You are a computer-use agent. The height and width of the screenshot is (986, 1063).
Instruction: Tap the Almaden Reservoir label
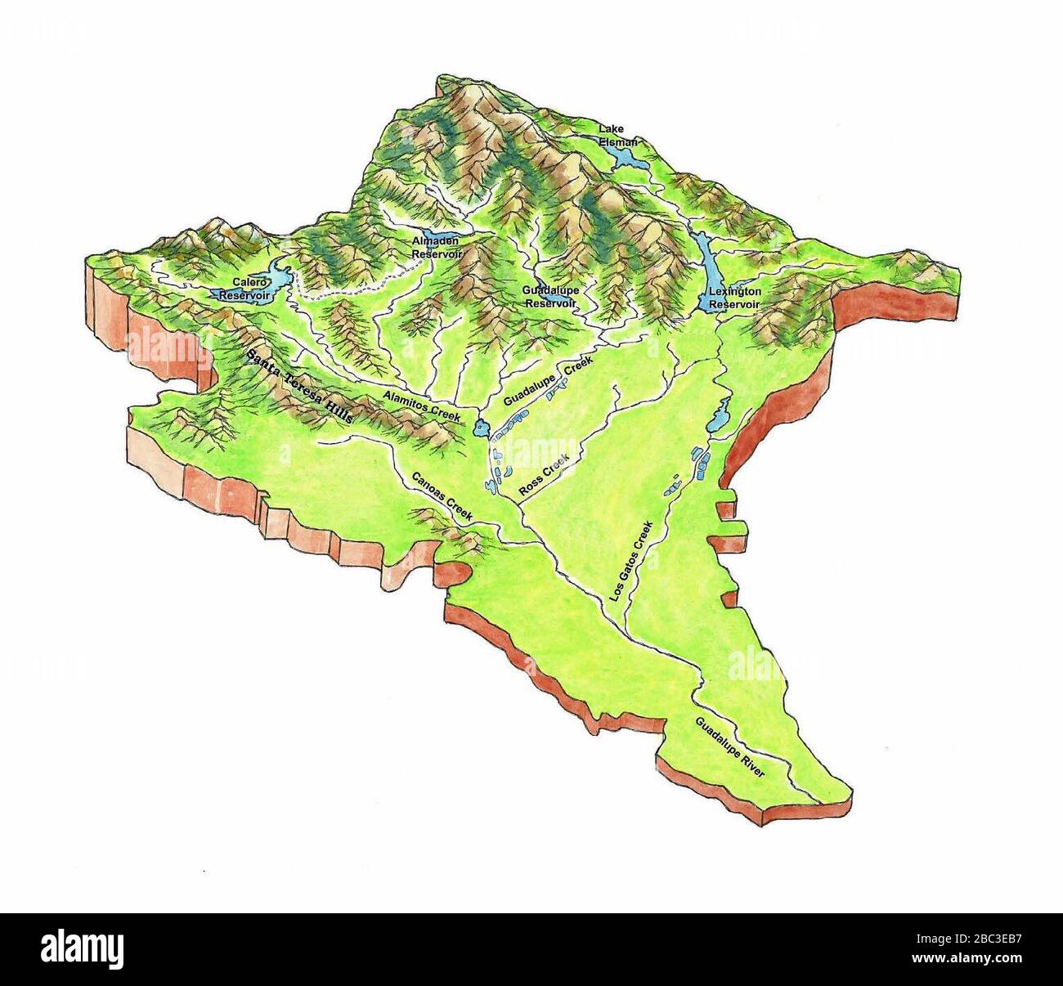coord(436,248)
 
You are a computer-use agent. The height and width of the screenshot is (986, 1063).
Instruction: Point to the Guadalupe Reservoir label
coord(550,296)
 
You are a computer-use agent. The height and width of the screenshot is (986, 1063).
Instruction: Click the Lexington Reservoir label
coord(734,298)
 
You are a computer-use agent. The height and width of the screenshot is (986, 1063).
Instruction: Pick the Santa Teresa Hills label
coord(301,387)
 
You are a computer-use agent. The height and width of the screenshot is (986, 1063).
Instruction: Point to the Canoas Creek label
coord(442,496)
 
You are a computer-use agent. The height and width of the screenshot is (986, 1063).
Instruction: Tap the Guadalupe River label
coord(729,746)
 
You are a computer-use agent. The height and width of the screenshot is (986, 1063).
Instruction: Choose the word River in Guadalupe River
coord(751,764)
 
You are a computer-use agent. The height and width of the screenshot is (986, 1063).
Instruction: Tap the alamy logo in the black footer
coord(84,949)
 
